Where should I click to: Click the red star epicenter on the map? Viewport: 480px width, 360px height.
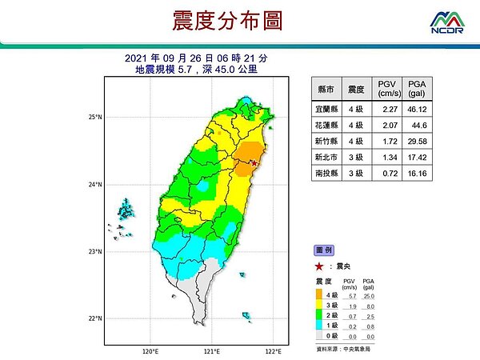click(254, 163)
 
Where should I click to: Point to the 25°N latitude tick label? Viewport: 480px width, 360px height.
click(95, 118)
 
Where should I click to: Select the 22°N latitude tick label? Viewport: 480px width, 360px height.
click(95, 319)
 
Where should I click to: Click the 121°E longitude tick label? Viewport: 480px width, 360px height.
click(211, 350)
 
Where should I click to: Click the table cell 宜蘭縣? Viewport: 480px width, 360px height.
click(326, 109)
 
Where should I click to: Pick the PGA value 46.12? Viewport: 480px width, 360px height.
click(416, 109)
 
